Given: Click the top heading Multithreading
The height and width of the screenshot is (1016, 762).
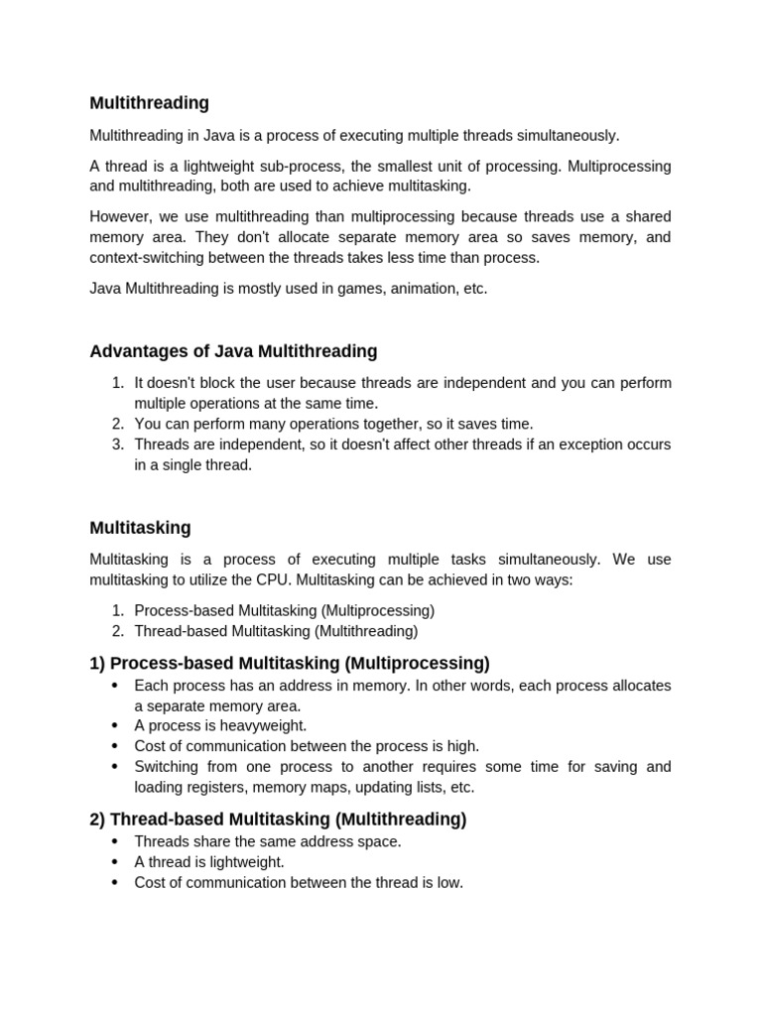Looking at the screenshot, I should [x=149, y=103].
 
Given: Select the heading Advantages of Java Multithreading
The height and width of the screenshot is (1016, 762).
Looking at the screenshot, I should [x=233, y=351].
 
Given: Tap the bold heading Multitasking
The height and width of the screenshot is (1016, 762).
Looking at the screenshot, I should [x=140, y=528].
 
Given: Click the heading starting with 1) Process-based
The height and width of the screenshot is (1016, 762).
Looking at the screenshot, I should [x=290, y=663].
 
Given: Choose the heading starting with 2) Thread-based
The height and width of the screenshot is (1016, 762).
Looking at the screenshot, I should [x=278, y=820].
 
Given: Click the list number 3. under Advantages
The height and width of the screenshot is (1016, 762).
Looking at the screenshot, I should [x=117, y=444].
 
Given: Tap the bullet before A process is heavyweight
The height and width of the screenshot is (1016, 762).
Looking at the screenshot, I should [x=114, y=726].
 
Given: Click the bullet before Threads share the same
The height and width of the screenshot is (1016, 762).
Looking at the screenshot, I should [x=114, y=842].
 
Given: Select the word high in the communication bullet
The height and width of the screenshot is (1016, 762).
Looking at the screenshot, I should [x=462, y=746].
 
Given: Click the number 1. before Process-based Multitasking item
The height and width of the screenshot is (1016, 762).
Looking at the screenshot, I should [x=117, y=610].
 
